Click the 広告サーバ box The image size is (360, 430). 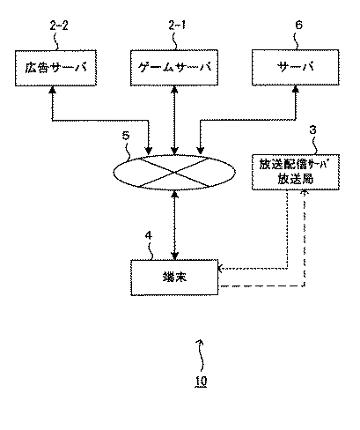(x=55, y=68)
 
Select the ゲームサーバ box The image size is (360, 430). (x=174, y=68)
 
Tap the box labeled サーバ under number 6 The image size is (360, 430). (x=296, y=68)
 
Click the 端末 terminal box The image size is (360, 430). (x=174, y=277)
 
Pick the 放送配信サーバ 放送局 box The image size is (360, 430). (x=296, y=172)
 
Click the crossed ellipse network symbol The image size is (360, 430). (x=174, y=172)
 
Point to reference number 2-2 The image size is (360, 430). (x=59, y=26)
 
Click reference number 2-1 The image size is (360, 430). (x=177, y=26)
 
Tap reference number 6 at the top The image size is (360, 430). (x=298, y=26)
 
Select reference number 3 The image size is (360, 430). (x=313, y=130)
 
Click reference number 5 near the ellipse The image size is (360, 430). (x=126, y=136)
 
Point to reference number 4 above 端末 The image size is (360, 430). (x=149, y=235)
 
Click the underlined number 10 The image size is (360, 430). (x=201, y=381)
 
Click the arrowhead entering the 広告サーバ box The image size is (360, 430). (x=53, y=89)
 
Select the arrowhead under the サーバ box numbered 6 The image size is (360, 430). (x=296, y=89)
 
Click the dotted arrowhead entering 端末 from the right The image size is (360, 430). (x=221, y=268)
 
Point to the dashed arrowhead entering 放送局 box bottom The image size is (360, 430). (x=305, y=193)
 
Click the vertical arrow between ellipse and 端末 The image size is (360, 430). (x=174, y=225)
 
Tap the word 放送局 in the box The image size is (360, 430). (x=296, y=179)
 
